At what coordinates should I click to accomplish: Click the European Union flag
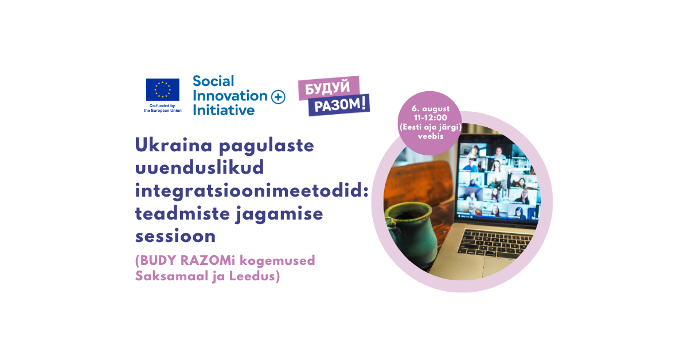[162, 89]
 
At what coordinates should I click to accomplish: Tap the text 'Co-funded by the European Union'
[162, 108]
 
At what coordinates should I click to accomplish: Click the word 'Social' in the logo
[213, 81]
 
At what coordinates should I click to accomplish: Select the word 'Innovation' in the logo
[230, 96]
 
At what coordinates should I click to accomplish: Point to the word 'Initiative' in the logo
[224, 110]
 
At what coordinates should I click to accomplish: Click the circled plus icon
[278, 97]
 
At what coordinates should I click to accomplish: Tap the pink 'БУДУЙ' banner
[329, 88]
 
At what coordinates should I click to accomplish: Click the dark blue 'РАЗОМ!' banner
[339, 105]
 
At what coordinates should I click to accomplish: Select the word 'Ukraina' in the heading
[174, 145]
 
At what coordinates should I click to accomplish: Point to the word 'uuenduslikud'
[200, 167]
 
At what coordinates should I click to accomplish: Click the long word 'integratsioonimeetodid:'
[252, 191]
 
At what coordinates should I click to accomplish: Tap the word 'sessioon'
[175, 236]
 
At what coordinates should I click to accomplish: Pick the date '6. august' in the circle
[431, 109]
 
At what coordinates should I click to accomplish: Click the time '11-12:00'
[431, 118]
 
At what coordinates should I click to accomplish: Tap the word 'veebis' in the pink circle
[431, 136]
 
